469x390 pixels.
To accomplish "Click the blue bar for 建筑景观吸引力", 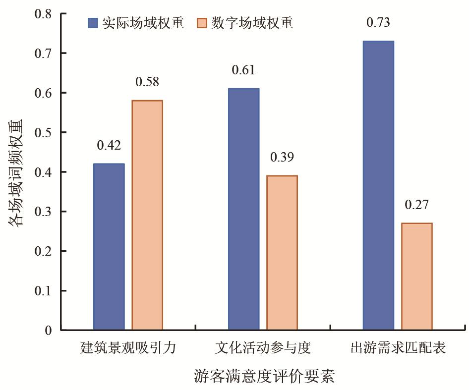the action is [x=109, y=246].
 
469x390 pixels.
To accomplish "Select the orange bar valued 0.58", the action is [x=147, y=215].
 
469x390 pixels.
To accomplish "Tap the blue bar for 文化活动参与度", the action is [x=244, y=209].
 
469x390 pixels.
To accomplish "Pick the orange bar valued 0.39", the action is [x=282, y=252].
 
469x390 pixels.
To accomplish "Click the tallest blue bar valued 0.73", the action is [x=378, y=185].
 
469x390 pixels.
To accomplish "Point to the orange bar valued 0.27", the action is [x=417, y=277].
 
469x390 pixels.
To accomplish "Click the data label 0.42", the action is [x=109, y=145].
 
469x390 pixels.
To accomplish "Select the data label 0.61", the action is [x=243, y=70].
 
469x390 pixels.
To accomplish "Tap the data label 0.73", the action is [x=378, y=22].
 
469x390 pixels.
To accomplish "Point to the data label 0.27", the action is [x=416, y=205].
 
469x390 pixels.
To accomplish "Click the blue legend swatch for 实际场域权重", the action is [x=93, y=23].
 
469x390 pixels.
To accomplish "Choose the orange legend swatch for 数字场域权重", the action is [x=202, y=23].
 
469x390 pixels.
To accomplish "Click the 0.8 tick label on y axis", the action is [x=43, y=14].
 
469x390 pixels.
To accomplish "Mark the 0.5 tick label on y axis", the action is [x=43, y=132].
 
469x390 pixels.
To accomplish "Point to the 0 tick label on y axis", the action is [x=48, y=331].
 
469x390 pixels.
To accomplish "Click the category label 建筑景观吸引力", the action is [x=128, y=348].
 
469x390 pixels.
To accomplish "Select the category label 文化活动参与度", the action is [x=263, y=348].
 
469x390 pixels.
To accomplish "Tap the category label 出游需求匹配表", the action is [x=398, y=348].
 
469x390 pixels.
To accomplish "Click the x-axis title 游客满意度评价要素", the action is [x=264, y=376].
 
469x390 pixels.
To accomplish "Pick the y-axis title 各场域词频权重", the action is [x=15, y=173].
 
